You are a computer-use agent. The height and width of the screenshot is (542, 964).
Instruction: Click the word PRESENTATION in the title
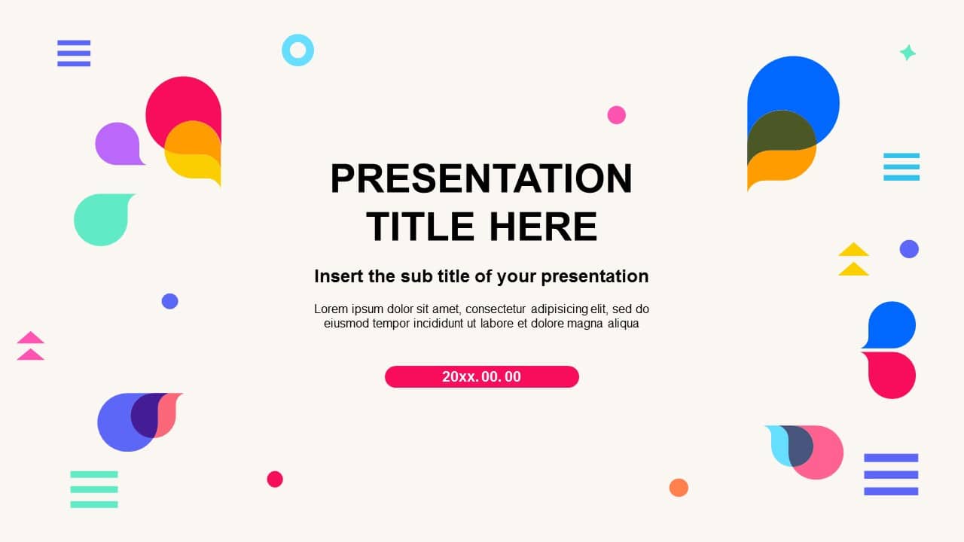coord(481,179)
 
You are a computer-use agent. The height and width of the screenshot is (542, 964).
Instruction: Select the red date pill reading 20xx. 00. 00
coord(481,376)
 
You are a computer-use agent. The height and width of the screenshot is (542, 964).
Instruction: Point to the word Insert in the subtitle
coord(339,276)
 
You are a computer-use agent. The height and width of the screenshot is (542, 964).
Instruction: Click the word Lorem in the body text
coord(331,309)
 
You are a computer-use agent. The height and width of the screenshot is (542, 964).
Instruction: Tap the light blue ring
coord(297,50)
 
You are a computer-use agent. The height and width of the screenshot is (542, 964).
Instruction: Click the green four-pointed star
coord(908,53)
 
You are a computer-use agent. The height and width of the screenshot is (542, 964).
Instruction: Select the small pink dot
coord(616,115)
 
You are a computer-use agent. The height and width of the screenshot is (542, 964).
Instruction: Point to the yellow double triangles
coord(853,259)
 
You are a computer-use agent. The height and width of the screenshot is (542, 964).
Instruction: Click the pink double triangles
coord(31,346)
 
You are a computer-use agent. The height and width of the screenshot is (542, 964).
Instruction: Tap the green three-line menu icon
coord(94,489)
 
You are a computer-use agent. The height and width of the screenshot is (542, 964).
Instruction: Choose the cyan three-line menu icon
coord(901,166)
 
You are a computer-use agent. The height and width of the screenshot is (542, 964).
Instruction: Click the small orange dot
coord(679,488)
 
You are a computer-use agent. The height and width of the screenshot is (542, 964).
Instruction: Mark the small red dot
coord(275,479)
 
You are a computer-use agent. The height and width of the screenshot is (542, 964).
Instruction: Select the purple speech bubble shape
coord(117,143)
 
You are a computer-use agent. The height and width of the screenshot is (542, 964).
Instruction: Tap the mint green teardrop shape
coord(102,219)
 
